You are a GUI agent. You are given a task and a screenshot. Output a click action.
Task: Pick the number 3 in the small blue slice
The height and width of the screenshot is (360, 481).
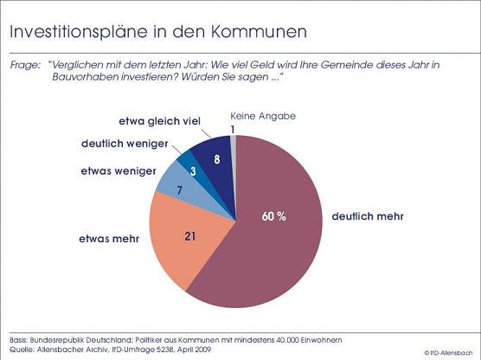pos(192,172)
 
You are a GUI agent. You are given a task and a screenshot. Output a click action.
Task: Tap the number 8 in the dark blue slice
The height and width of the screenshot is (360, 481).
pos(217,159)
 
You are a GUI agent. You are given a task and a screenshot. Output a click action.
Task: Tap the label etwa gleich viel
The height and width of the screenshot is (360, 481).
pos(159,120)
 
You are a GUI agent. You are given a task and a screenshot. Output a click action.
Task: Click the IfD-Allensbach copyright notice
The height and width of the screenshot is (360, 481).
pos(450,352)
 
